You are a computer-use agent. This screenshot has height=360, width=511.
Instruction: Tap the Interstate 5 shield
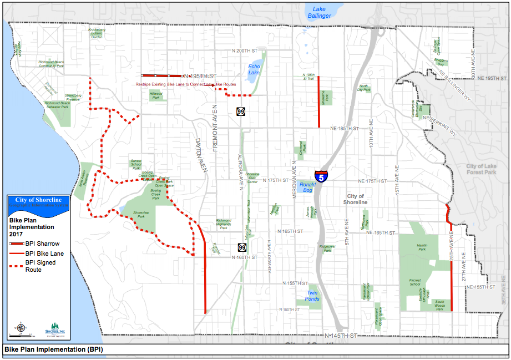click(x=321, y=177)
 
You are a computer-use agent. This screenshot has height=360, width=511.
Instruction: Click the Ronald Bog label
click(x=307, y=187)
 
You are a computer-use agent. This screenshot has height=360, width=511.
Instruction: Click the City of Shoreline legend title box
click(x=39, y=201)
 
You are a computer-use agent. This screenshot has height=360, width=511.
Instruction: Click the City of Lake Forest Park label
click(x=480, y=169)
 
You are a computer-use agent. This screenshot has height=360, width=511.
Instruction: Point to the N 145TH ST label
click(x=340, y=336)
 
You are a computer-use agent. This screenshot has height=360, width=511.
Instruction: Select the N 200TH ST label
click(x=246, y=50)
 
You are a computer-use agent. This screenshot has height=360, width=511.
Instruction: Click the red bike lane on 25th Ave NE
click(x=452, y=286)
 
